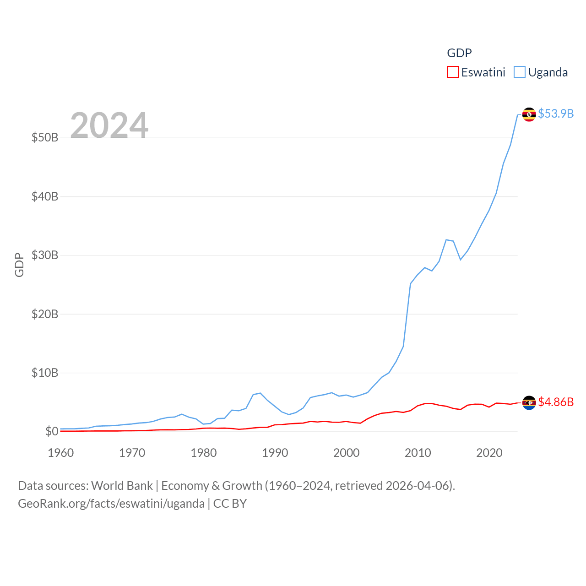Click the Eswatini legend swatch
[452, 72]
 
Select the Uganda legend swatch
[519, 72]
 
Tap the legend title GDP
[459, 53]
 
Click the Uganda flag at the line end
[529, 114]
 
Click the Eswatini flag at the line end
[529, 403]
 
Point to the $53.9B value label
[556, 114]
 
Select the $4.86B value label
[556, 402]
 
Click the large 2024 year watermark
[109, 125]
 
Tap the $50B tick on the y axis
[45, 137]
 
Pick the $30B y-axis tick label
[45, 255]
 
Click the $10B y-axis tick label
[45, 373]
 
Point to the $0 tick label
[52, 431]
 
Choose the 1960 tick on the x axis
[61, 453]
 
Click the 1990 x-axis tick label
[275, 453]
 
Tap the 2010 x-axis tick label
[418, 453]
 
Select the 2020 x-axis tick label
[489, 453]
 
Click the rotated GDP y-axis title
[19, 265]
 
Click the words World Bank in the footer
[122, 486]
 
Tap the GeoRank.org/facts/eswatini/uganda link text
[111, 504]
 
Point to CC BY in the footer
[230, 504]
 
